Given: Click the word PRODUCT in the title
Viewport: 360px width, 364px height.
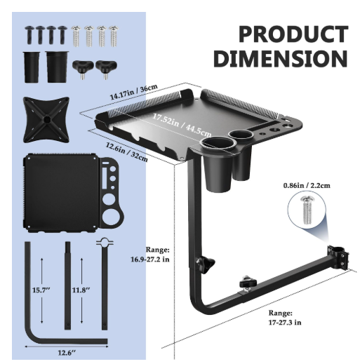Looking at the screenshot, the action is pyautogui.click(x=293, y=34).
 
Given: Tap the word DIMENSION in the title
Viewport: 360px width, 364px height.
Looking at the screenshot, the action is pyautogui.click(x=281, y=58).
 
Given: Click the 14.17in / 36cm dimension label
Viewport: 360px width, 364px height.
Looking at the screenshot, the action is pyautogui.click(x=134, y=92).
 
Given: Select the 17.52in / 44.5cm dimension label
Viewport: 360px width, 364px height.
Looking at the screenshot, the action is pyautogui.click(x=182, y=126).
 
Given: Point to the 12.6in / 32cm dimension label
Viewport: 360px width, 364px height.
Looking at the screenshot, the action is pyautogui.click(x=127, y=152).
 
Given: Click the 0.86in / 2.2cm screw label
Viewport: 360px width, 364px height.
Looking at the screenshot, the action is pyautogui.click(x=307, y=185).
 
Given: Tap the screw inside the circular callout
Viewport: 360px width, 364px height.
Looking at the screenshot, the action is pyautogui.click(x=307, y=210).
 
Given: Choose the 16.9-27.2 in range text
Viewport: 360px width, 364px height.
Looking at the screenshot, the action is pyautogui.click(x=150, y=259).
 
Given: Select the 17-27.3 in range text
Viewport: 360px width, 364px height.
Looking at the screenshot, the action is pyautogui.click(x=285, y=323).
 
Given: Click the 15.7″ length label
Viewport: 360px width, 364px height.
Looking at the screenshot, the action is pyautogui.click(x=41, y=290).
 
